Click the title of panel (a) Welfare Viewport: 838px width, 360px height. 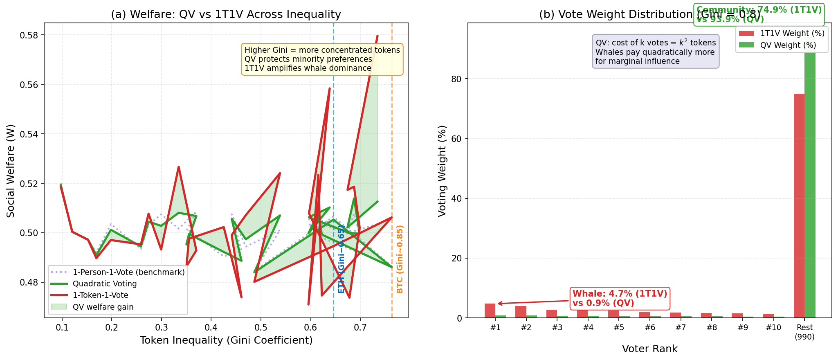(x=226, y=15)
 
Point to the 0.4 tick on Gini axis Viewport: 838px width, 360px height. (x=211, y=328)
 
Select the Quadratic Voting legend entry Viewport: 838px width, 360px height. (x=104, y=283)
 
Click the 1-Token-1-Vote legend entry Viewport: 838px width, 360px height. (x=100, y=295)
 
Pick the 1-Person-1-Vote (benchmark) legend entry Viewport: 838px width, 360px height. (x=128, y=272)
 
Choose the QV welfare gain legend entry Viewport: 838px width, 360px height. (x=103, y=307)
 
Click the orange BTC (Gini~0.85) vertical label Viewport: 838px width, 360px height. (x=400, y=259)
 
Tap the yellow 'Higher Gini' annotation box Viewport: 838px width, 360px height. (x=322, y=59)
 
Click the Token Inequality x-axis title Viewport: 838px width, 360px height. (x=226, y=340)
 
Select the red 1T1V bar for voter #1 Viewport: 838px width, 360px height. (x=490, y=311)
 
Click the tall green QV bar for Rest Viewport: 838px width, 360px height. (x=810, y=184)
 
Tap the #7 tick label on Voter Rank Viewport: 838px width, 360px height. (x=681, y=328)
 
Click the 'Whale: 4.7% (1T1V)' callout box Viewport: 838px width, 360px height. (x=620, y=298)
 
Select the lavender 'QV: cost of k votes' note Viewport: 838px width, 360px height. (x=655, y=52)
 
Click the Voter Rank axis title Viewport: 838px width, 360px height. (x=649, y=349)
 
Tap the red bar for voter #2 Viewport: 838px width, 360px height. (x=521, y=312)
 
